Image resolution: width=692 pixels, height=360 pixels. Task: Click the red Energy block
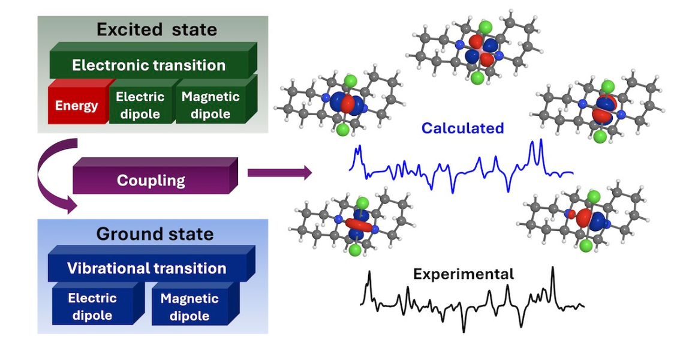(76, 106)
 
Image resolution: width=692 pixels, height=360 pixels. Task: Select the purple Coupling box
(151, 180)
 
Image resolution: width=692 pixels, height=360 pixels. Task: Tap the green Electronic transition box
(149, 65)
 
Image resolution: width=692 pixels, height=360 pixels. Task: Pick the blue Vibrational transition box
(147, 268)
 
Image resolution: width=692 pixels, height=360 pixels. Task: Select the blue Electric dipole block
(92, 307)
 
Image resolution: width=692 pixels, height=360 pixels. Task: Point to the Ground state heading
(155, 233)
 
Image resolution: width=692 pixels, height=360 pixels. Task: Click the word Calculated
(462, 128)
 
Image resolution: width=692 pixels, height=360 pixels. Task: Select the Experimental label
(464, 274)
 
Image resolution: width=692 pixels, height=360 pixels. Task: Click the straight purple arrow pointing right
(279, 173)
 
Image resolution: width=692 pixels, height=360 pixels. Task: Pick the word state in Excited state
(191, 29)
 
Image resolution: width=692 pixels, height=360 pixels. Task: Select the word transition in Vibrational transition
(189, 268)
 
